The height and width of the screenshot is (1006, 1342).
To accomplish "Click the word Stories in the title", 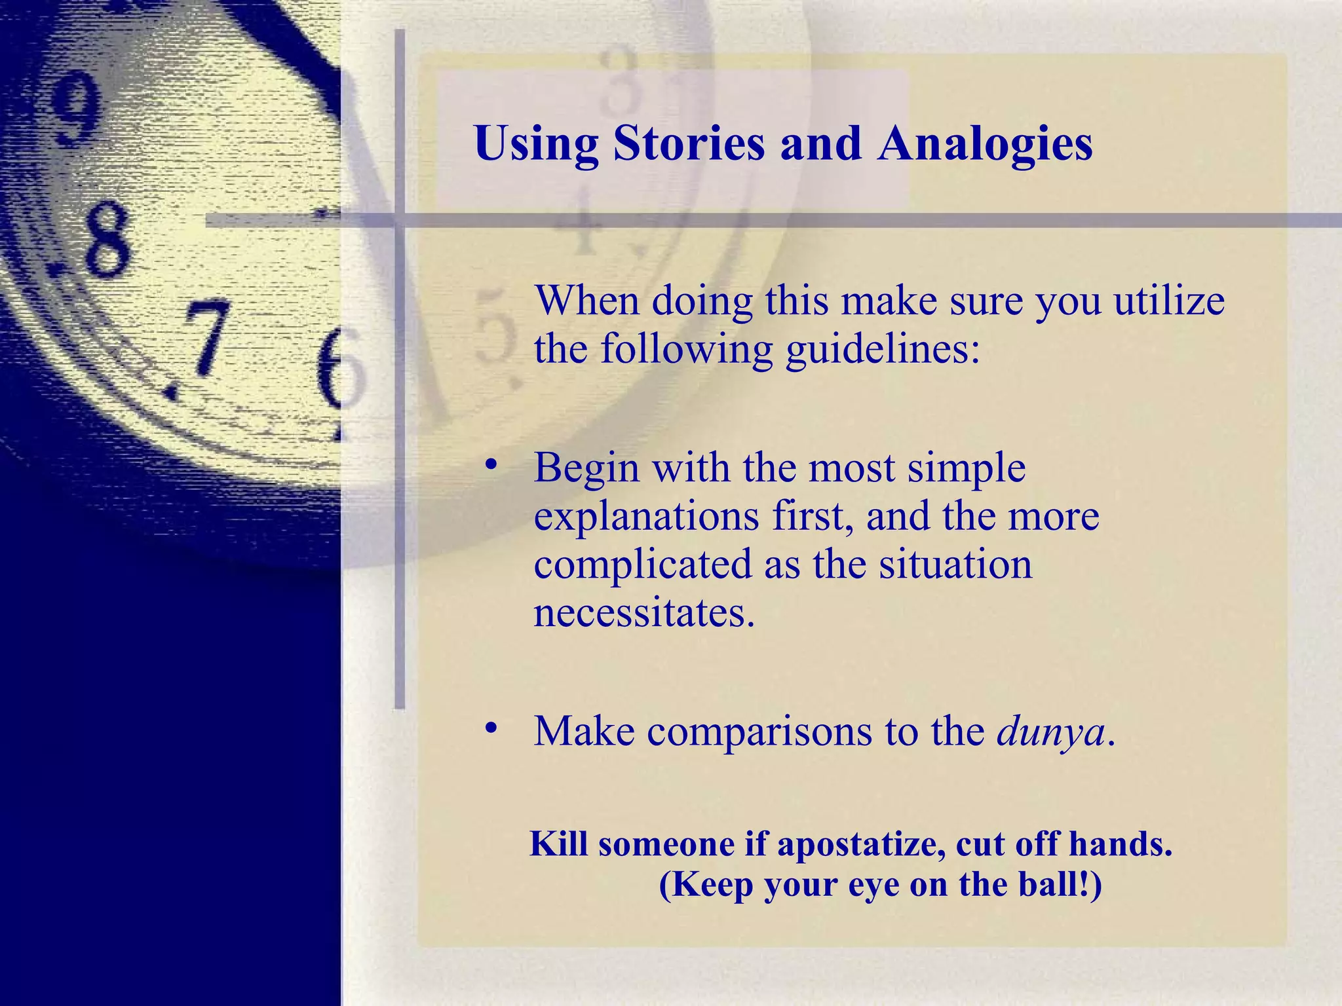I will coord(688,143).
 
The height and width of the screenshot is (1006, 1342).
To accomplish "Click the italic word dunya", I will coord(1050,732).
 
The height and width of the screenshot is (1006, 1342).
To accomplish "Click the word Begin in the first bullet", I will coord(586,469).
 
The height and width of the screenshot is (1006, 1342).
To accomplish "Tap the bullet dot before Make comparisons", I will coord(491,728).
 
